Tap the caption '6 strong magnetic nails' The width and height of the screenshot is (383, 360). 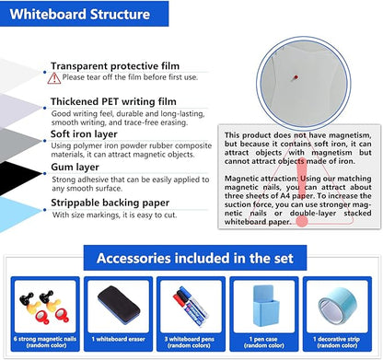coord(41,342)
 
